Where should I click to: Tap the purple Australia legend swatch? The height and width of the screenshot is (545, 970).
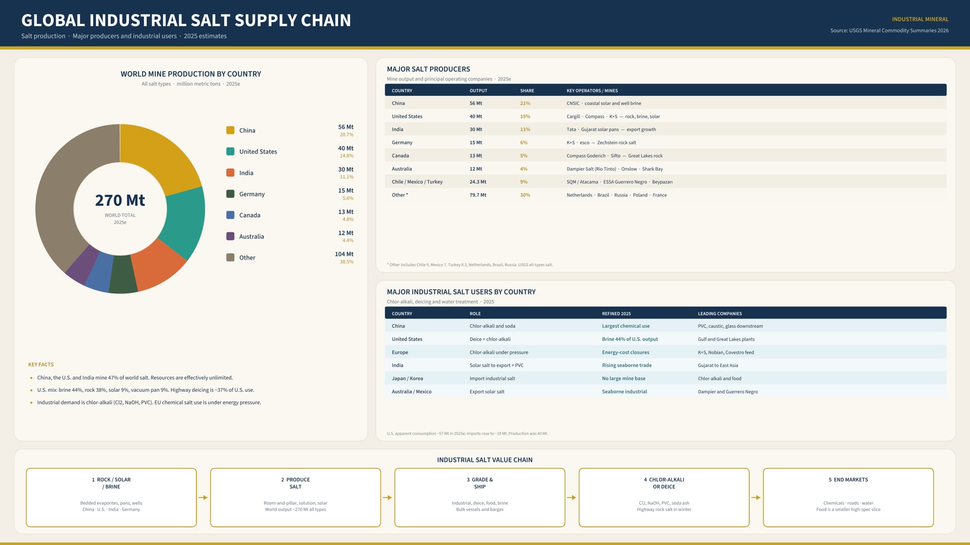[230, 236]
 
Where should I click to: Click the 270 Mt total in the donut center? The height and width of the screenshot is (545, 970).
[120, 200]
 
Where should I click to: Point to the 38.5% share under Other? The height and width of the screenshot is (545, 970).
[346, 262]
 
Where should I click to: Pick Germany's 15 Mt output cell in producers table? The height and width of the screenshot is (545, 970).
[476, 143]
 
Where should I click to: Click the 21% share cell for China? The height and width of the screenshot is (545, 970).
[525, 103]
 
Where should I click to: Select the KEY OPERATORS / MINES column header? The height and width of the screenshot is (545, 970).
[592, 91]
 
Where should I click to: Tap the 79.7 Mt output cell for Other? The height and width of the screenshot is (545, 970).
[478, 195]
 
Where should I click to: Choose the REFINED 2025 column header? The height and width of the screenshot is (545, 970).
[616, 314]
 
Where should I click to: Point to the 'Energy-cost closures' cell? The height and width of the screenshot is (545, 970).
[626, 353]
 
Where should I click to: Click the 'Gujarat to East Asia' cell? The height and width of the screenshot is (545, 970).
[718, 366]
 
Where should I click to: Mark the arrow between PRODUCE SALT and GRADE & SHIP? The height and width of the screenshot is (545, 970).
[388, 497]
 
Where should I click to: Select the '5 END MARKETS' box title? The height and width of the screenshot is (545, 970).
[848, 480]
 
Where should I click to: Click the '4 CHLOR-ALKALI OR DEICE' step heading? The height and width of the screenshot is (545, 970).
[664, 483]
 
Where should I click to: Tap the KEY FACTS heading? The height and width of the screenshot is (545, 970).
[41, 365]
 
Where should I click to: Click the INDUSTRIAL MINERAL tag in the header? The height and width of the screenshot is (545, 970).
[920, 19]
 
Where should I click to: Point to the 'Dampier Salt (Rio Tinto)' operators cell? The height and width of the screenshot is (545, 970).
[591, 169]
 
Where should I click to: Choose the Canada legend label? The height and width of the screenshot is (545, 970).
[250, 215]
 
